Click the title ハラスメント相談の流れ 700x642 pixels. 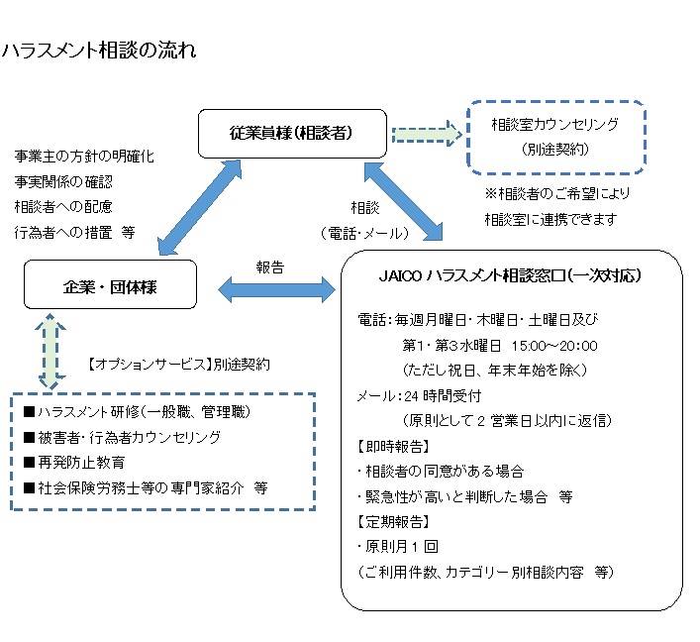99,51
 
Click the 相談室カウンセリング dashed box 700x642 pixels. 555,135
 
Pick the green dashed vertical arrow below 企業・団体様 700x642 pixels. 47,351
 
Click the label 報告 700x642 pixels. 269,266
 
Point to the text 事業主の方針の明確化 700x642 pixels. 84,157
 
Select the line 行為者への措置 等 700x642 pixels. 74,233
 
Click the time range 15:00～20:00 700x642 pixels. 553,346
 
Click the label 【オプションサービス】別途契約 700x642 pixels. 178,364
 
